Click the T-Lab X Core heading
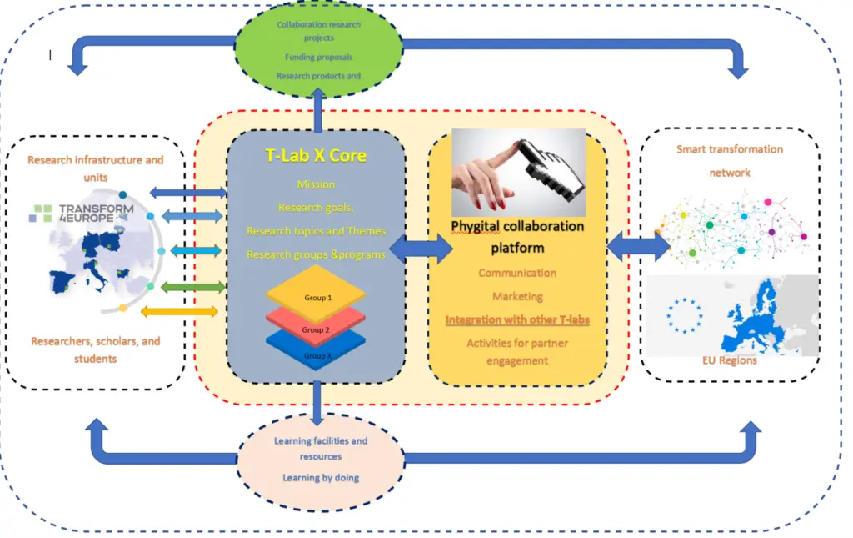click(316, 155)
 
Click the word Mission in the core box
click(316, 184)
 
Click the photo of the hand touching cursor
click(518, 173)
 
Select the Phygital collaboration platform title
click(517, 237)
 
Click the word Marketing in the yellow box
click(517, 296)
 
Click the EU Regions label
click(729, 360)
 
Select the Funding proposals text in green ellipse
click(318, 57)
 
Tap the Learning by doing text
click(320, 478)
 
